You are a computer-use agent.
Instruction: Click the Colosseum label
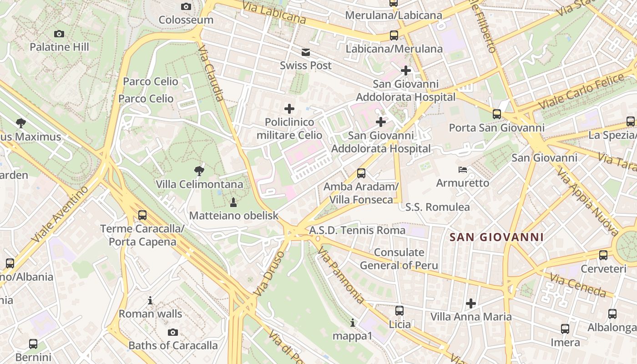pos(186,20)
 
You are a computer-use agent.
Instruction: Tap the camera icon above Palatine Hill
pos(59,34)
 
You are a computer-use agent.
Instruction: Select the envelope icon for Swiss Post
pos(305,52)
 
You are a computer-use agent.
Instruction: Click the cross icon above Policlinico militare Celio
pos(289,109)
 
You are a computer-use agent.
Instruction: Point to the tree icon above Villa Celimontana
pos(199,171)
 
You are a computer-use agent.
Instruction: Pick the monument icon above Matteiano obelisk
pos(233,202)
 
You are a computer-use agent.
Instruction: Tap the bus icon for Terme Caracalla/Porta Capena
pos(142,215)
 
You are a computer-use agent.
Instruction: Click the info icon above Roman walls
pos(150,300)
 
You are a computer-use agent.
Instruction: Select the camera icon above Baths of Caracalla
pos(173,332)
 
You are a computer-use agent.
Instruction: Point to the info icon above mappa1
pos(353,323)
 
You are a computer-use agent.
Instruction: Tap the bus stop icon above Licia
pos(399,311)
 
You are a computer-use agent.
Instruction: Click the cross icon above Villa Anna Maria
pos(471,303)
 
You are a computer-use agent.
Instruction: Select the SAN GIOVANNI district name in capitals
pos(496,237)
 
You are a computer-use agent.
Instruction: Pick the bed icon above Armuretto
pos(462,170)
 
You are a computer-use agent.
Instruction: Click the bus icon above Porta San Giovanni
pos(497,114)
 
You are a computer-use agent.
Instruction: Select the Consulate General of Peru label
pos(399,259)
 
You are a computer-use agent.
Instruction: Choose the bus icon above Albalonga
pos(612,313)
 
